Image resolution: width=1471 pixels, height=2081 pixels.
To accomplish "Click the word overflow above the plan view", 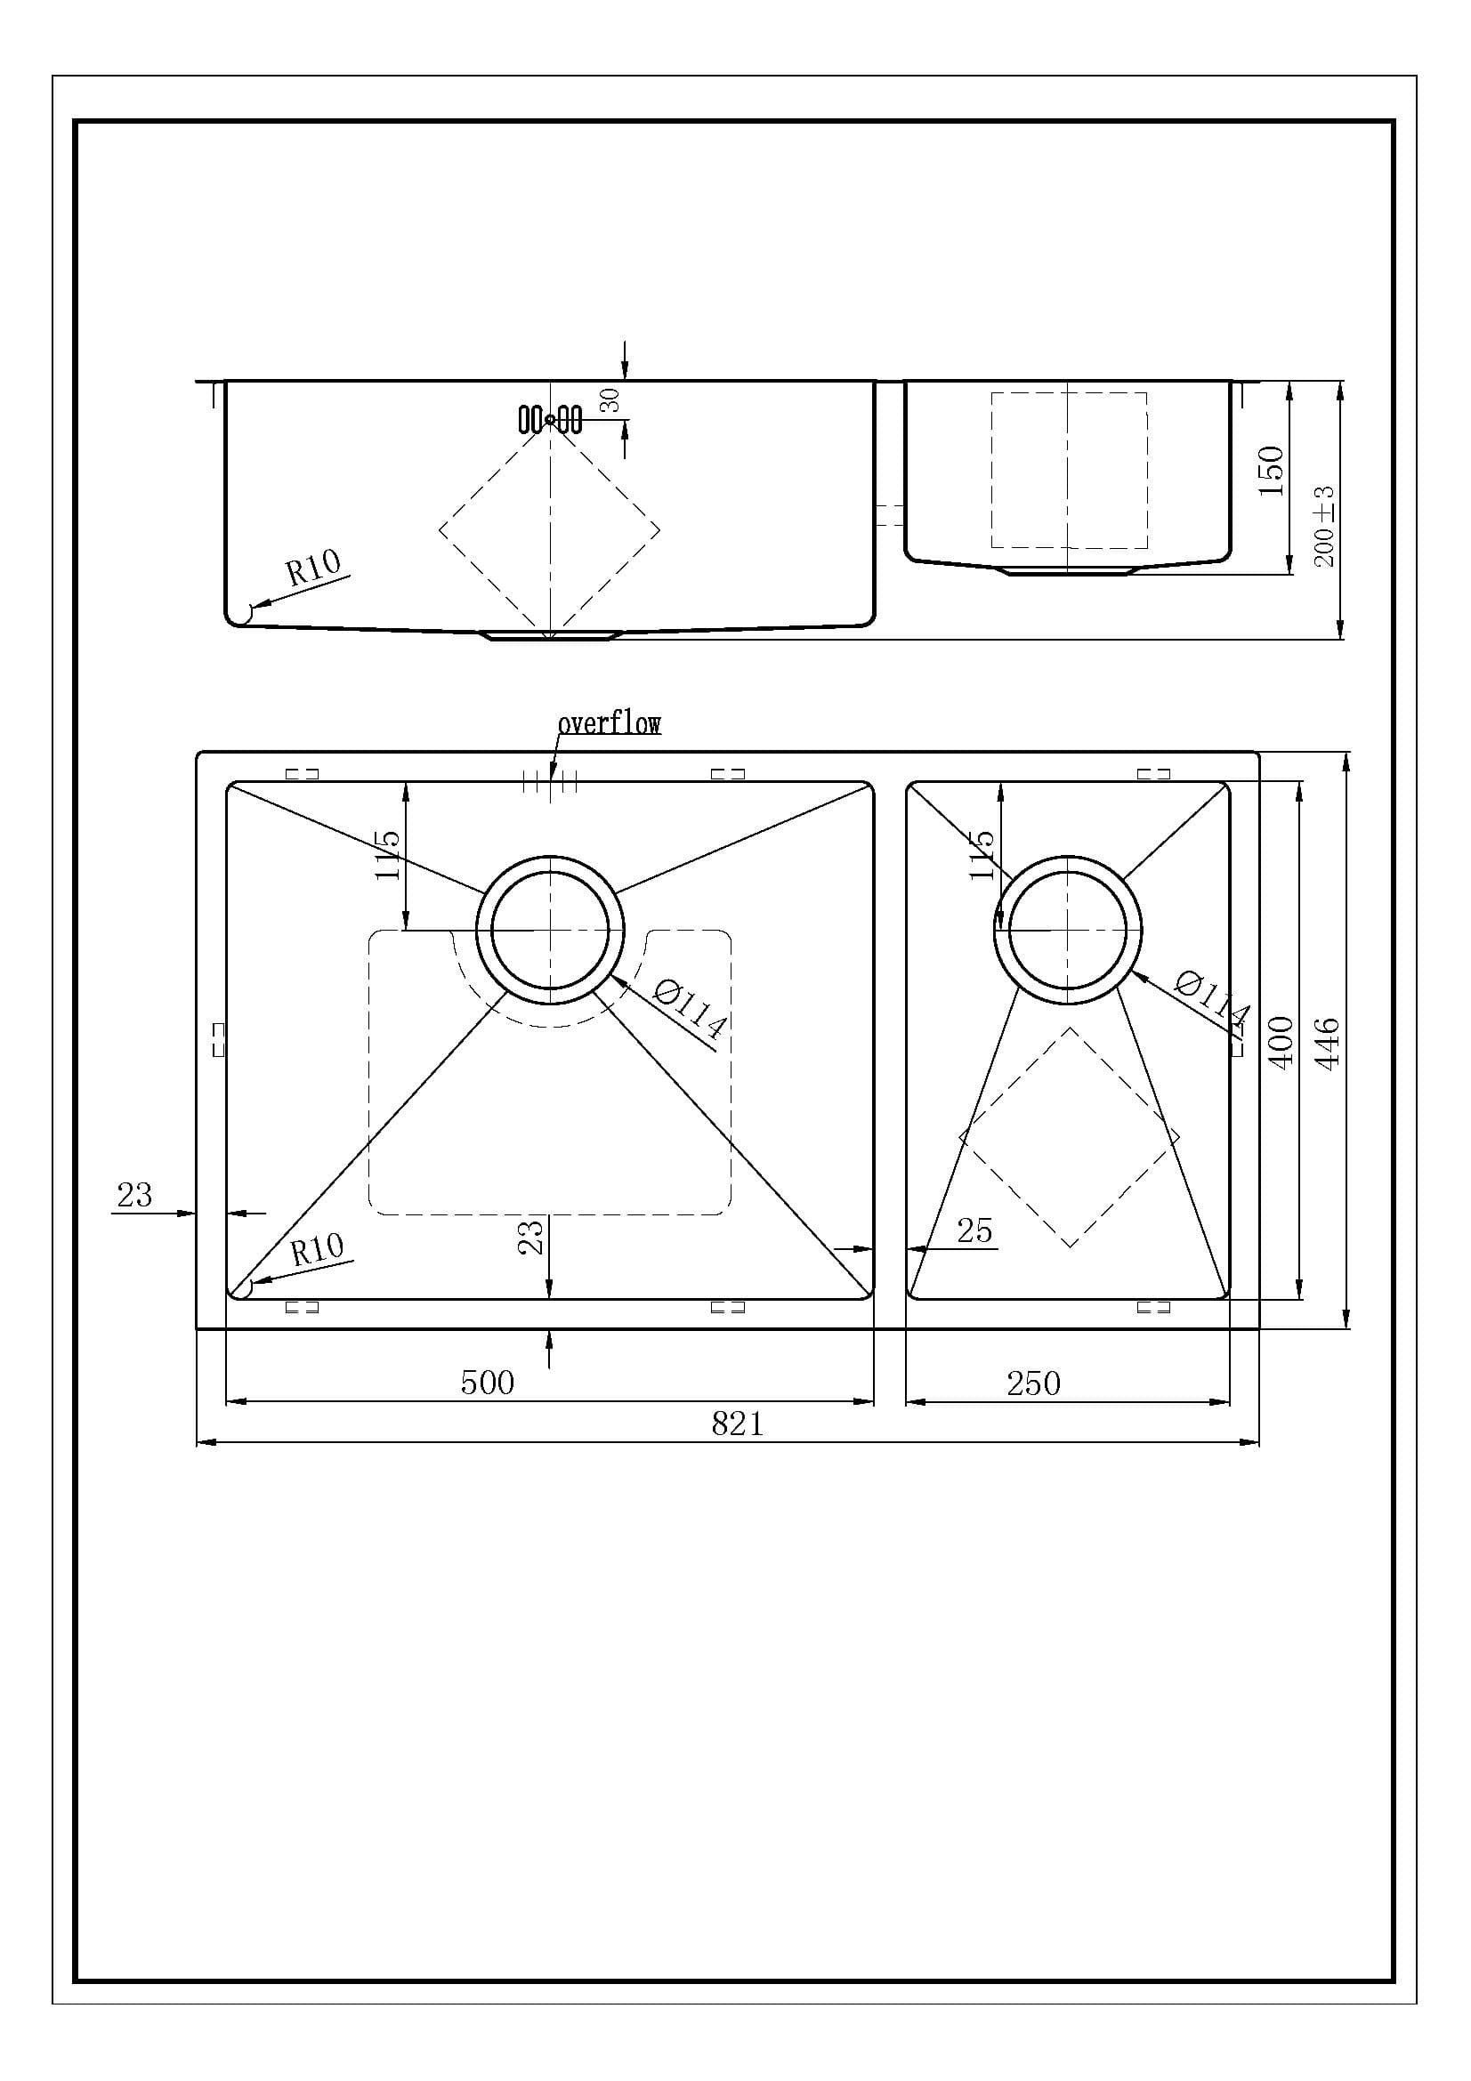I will pyautogui.click(x=609, y=723).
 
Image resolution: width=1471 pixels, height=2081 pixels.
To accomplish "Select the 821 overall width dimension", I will pyautogui.click(x=737, y=1424).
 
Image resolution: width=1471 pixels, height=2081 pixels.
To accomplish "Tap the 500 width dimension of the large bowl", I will pyautogui.click(x=487, y=1383).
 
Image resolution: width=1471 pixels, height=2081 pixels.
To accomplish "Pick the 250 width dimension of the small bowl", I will pyautogui.click(x=1032, y=1383).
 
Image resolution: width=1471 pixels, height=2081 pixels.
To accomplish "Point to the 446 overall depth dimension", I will pyautogui.click(x=1327, y=1043).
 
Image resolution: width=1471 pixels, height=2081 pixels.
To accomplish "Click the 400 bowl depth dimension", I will pyautogui.click(x=1279, y=1043).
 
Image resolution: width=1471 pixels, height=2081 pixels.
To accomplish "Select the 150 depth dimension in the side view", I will pyautogui.click(x=1272, y=471).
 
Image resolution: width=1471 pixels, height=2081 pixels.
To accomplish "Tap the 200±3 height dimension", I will pyautogui.click(x=1324, y=527).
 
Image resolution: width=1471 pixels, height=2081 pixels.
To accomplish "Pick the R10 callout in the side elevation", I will pyautogui.click(x=312, y=569).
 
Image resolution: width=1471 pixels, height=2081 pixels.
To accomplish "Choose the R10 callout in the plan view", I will pyautogui.click(x=317, y=1251).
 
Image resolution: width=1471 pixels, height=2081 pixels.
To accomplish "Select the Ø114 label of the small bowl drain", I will pyautogui.click(x=1212, y=1001).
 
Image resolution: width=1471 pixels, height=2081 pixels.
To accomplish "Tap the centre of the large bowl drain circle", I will pyautogui.click(x=550, y=930).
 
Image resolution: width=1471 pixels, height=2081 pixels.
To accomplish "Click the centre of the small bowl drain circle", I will pyautogui.click(x=1068, y=930).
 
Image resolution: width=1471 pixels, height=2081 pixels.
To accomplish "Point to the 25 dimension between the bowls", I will pyautogui.click(x=974, y=1230).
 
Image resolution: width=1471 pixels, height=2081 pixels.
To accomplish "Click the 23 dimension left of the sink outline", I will pyautogui.click(x=134, y=1196).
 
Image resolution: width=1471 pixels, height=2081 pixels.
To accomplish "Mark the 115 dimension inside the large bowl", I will pyautogui.click(x=387, y=854).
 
